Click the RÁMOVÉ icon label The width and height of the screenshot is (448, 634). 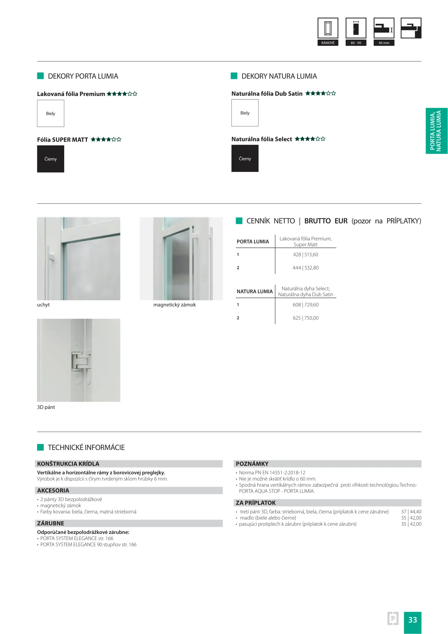tap(328, 43)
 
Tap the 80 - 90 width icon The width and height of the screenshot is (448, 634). tap(356, 28)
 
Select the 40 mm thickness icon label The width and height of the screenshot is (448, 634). tap(384, 43)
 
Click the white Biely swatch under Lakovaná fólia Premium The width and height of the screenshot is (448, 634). tap(50, 113)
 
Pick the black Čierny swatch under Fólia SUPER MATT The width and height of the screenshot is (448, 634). tap(50, 159)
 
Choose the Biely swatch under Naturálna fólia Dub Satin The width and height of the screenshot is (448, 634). tap(245, 113)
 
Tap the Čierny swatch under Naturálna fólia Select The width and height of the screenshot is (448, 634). tap(245, 158)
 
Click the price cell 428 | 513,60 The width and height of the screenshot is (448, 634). tap(305, 254)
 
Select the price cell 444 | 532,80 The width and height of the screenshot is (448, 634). tap(305, 268)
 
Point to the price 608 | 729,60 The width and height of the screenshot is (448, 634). tap(305, 305)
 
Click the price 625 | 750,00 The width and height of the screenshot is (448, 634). tap(305, 318)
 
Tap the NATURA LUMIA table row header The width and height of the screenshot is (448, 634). tap(254, 291)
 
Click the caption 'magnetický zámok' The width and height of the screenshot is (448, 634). tap(174, 305)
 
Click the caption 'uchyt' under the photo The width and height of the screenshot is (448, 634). tap(43, 305)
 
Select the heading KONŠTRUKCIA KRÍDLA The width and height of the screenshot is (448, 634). tap(68, 464)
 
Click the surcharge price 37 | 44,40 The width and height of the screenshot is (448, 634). tap(411, 512)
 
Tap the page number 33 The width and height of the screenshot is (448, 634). tap(413, 620)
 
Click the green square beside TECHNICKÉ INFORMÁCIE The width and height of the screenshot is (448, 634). tap(40, 447)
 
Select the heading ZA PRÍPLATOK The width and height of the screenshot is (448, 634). tap(256, 503)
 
